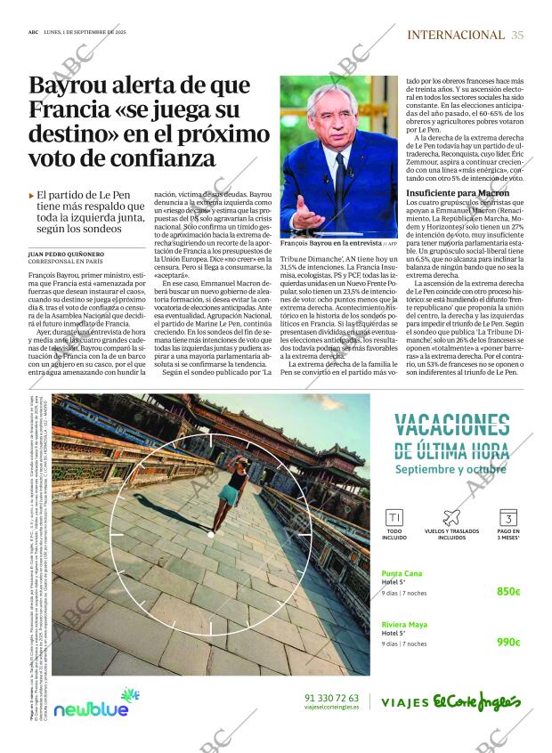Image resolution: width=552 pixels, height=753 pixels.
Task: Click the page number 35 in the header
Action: point(518,35)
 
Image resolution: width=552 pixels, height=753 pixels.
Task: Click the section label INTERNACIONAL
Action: point(455,35)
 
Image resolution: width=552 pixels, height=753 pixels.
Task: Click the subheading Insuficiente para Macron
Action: point(470,193)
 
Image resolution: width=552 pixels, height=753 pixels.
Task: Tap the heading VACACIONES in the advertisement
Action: point(451,425)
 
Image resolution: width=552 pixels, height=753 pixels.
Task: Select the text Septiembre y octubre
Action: point(451,469)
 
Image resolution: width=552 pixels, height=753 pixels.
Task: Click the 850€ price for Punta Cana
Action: point(508,591)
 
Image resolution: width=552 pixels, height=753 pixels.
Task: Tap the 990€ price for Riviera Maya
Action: point(508,642)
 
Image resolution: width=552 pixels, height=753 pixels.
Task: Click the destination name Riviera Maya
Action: point(405,624)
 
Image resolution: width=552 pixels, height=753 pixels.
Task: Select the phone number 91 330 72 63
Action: point(331,697)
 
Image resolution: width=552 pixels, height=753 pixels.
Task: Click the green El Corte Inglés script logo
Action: point(477,701)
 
